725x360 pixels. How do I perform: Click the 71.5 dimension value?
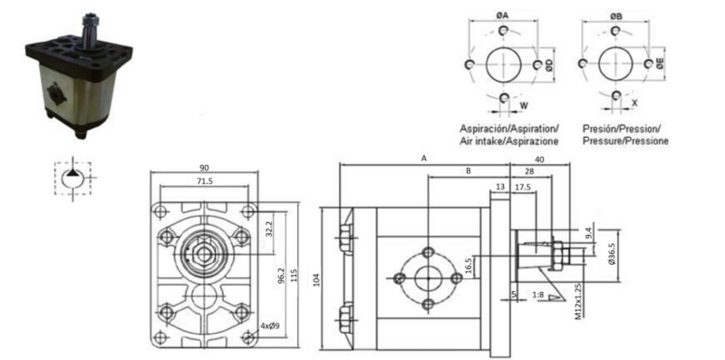pos(205,181)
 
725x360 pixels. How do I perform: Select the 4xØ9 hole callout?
pos(269,326)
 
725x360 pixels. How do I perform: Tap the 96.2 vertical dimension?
pos(281,277)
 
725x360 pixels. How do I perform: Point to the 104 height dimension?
pos(316,279)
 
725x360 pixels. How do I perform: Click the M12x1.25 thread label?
pos(578,301)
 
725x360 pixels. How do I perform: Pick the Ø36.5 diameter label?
pos(613,254)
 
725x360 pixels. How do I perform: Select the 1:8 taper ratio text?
pos(537,295)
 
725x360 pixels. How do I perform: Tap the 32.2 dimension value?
pos(269,229)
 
